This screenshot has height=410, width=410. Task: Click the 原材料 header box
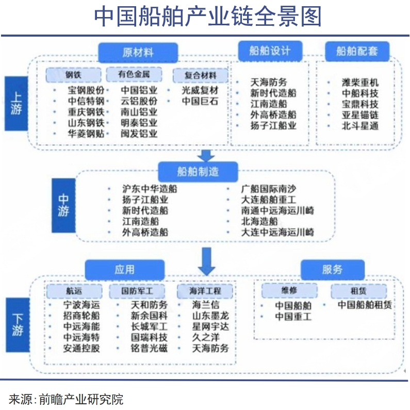click(x=138, y=53)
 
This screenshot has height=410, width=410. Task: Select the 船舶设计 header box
click(x=269, y=51)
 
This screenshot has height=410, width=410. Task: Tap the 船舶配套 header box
click(x=357, y=51)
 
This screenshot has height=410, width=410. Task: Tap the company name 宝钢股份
click(x=86, y=89)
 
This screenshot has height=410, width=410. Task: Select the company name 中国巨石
click(x=200, y=101)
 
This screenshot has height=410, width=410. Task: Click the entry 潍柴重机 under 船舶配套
click(x=360, y=83)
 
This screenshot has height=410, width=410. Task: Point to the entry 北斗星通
click(x=360, y=126)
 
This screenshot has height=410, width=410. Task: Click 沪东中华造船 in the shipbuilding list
click(x=150, y=189)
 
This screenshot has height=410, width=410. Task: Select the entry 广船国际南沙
click(x=269, y=189)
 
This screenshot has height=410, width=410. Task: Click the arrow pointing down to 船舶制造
click(x=207, y=155)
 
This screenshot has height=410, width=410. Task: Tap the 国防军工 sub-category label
click(x=137, y=291)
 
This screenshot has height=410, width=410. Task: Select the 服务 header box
click(x=332, y=270)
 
